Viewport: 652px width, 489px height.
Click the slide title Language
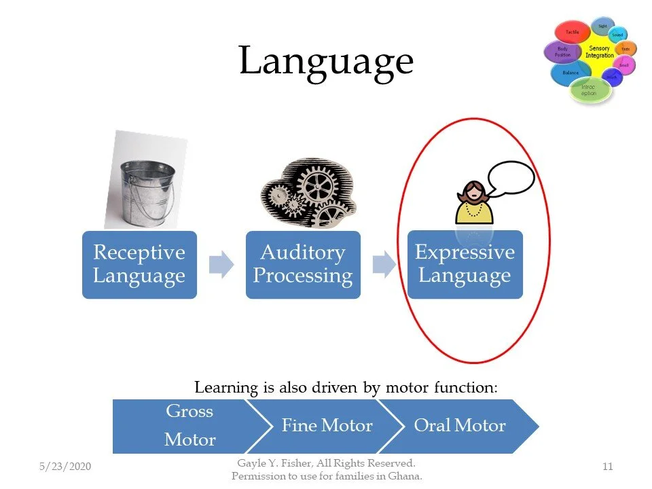326,61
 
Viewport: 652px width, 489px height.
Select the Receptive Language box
139,264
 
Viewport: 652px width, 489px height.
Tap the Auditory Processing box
303,264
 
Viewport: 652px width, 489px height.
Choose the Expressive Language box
465,264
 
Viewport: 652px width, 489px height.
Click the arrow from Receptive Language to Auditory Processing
221,264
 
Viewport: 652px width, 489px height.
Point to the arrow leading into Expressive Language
384,264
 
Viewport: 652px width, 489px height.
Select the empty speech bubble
510,178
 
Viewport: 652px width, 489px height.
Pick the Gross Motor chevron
183,426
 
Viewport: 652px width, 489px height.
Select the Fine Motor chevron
327,426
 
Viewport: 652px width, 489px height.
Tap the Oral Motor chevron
460,426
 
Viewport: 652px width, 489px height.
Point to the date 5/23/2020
65,467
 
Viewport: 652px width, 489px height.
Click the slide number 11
608,467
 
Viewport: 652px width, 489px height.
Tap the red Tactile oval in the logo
573,32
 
